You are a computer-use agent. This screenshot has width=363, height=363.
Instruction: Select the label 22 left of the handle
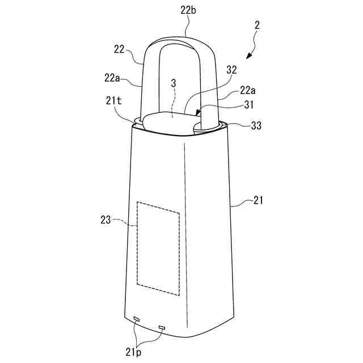[x=119, y=50]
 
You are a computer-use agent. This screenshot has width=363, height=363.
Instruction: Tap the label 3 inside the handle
[x=174, y=83]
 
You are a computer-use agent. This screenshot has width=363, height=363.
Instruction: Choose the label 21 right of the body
[x=258, y=200]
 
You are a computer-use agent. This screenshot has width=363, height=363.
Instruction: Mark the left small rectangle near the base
[x=136, y=319]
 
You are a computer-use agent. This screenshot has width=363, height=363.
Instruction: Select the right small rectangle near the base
[x=162, y=327]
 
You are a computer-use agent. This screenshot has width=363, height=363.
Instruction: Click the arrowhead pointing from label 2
[x=247, y=57]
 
